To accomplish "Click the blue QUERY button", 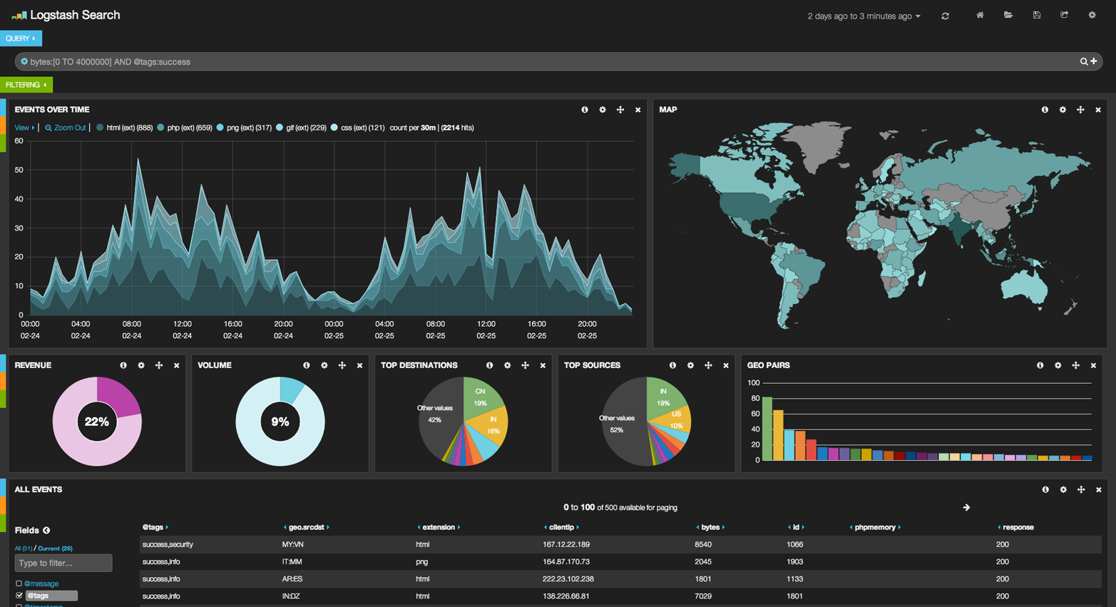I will tap(20, 39).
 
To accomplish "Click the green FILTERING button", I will tap(26, 85).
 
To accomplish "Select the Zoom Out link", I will tap(66, 128).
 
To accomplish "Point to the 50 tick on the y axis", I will tap(19, 170).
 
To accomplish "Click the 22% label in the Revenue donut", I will tap(97, 422).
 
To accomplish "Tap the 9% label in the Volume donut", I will tap(280, 422).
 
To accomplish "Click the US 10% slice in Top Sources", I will tap(675, 419).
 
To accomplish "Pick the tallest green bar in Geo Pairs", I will tap(767, 428).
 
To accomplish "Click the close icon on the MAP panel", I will tap(1098, 110).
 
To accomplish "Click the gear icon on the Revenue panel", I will tap(141, 365).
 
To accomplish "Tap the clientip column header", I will tap(561, 527).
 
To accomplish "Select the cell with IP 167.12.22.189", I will tap(566, 544).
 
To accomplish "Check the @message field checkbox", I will tap(19, 583).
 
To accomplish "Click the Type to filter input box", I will tap(63, 563).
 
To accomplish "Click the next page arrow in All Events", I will tap(966, 508).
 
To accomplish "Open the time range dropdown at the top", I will tap(864, 16).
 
